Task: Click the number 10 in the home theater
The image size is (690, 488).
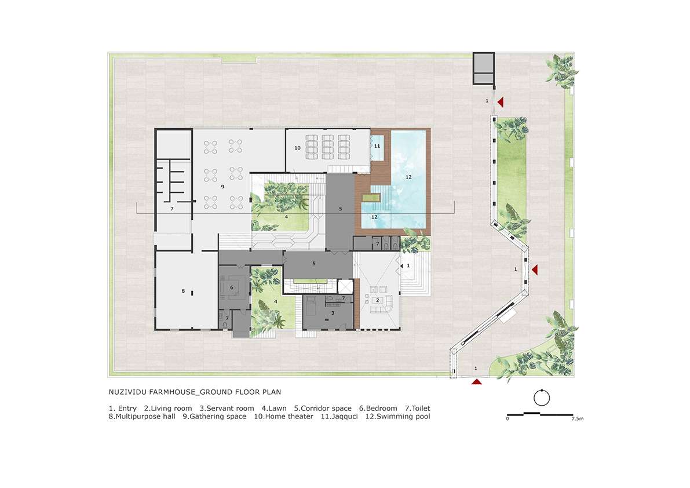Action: click(297, 148)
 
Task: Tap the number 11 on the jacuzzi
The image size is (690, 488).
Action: click(377, 146)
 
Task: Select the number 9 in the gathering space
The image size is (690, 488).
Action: click(222, 187)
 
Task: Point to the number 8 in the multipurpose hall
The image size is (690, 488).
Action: click(184, 291)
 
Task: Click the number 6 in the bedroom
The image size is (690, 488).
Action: click(232, 288)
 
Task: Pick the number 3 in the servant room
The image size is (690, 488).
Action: click(333, 313)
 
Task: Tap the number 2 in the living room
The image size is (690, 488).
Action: click(377, 300)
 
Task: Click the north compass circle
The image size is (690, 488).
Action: click(542, 398)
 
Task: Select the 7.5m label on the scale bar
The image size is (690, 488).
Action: click(578, 419)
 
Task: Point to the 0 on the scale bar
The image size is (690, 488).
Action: click(508, 419)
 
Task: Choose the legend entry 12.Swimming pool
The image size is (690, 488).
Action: click(398, 416)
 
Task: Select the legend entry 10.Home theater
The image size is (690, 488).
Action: click(284, 416)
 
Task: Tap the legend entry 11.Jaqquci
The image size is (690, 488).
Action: click(339, 417)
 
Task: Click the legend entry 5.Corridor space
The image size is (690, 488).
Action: click(323, 409)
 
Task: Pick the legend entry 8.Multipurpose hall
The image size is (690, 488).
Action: click(142, 417)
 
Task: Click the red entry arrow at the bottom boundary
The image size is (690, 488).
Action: click(477, 381)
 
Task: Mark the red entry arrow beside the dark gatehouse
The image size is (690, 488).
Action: click(501, 103)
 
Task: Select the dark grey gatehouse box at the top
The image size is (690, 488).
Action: click(484, 68)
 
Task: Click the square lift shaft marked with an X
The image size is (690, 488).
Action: click(345, 286)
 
